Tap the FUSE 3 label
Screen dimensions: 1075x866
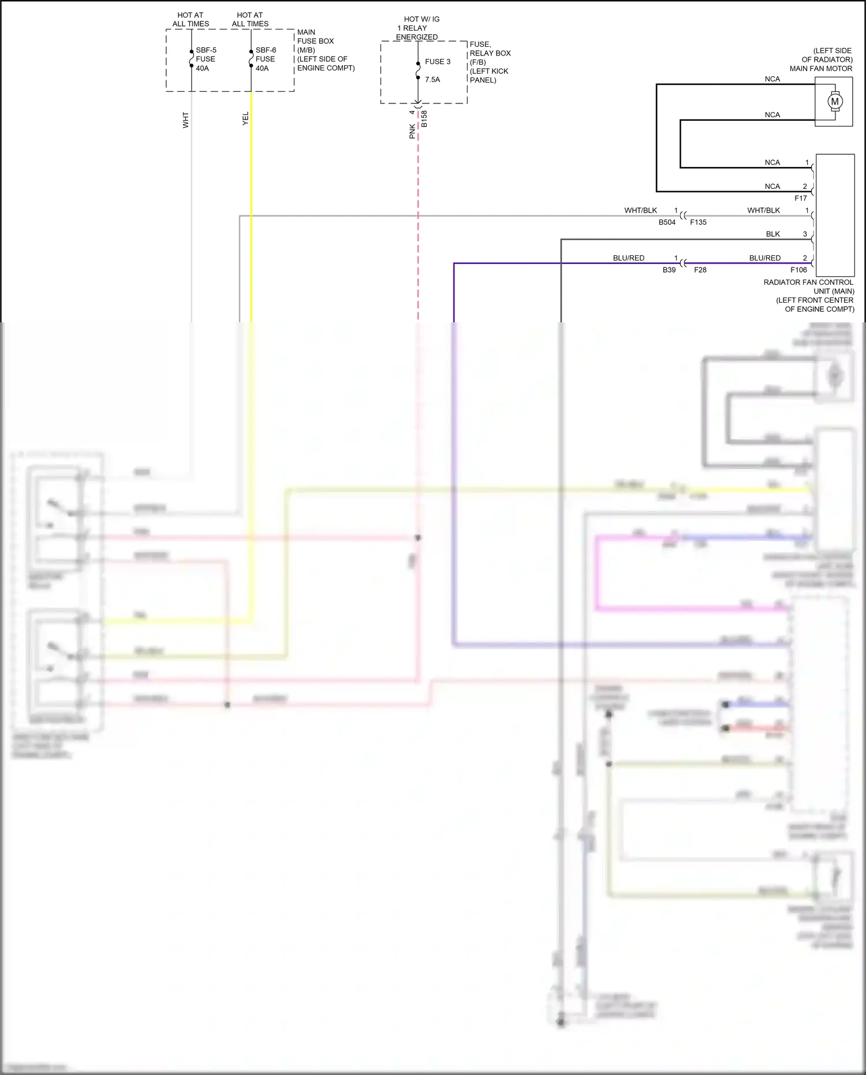pos(438,62)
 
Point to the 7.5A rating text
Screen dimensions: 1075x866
pos(432,80)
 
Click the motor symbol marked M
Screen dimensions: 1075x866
pos(834,102)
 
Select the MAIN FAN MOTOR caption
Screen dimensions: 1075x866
pos(820,68)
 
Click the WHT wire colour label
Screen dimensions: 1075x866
pos(185,120)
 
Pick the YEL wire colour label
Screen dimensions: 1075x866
pos(245,118)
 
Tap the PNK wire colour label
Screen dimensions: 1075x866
pos(412,131)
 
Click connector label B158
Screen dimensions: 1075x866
pos(424,118)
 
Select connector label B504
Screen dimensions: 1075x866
pos(667,222)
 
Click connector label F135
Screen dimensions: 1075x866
pos(698,222)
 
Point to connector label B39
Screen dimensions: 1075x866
pos(669,270)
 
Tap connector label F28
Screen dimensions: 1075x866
pos(700,270)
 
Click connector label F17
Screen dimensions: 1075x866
pos(800,198)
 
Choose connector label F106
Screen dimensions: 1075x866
pos(798,270)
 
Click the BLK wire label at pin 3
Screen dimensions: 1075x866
pos(772,234)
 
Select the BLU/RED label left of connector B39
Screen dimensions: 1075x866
pos(628,258)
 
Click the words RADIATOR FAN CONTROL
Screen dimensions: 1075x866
pos(808,282)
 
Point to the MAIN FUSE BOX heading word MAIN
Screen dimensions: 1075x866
pos(306,32)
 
